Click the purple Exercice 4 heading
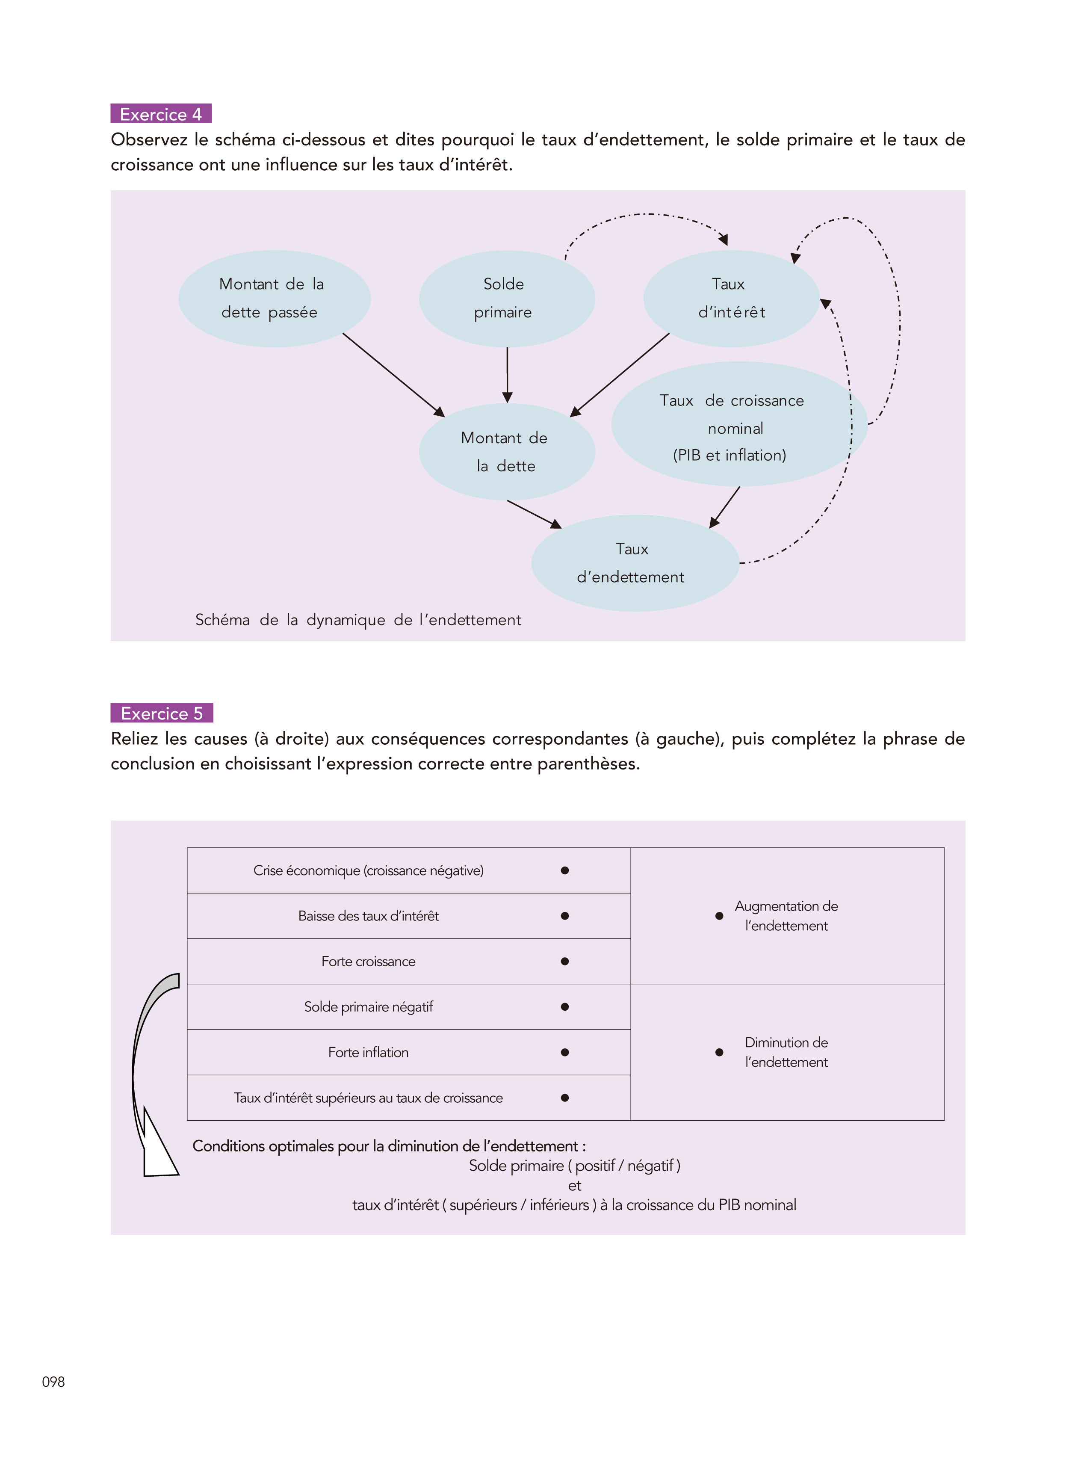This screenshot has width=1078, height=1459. coord(160,114)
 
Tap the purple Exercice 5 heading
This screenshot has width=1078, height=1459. coord(161,713)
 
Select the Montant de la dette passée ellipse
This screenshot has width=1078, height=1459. coord(274,298)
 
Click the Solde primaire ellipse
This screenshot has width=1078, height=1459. coord(506,298)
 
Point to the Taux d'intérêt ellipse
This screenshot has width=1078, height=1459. coord(731,298)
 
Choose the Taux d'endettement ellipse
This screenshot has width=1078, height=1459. coord(634,563)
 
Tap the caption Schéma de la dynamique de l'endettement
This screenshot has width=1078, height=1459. coord(358,619)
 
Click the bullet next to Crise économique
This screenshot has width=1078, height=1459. coord(564,870)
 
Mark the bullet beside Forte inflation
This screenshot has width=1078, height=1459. coord(564,1052)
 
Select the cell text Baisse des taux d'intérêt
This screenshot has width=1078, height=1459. coord(368,916)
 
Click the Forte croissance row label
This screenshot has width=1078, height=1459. coord(368,961)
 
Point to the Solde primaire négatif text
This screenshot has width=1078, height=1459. coord(368,1006)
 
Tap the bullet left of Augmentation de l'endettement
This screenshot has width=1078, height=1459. coord(719,916)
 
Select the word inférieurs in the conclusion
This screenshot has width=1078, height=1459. coord(559,1204)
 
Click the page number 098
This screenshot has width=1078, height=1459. coord(53,1381)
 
